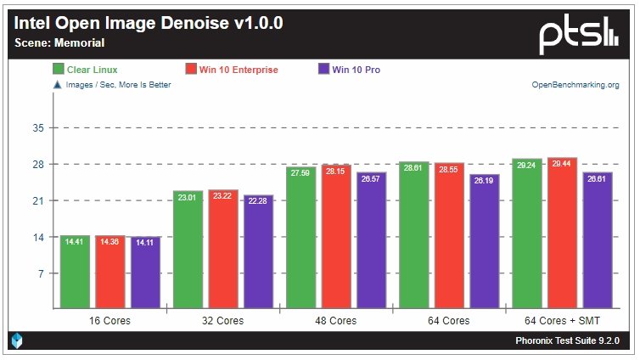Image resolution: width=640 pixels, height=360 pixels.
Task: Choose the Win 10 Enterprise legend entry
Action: click(232, 70)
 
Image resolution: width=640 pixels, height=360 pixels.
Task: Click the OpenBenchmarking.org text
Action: click(575, 85)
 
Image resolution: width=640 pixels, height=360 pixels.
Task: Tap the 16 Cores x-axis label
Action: click(110, 321)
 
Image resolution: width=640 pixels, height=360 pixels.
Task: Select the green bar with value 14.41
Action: click(75, 272)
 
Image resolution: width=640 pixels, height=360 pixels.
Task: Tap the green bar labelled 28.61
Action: click(414, 234)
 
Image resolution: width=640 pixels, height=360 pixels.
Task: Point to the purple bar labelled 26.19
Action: click(485, 241)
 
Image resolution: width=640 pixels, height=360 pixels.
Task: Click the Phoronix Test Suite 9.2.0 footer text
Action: click(567, 341)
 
